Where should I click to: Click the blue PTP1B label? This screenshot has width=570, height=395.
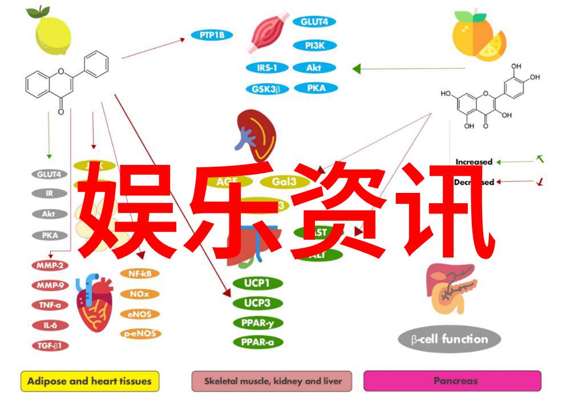pos(212,35)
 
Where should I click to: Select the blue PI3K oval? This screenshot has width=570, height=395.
pos(314,45)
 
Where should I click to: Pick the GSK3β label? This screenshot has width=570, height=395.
pos(267,89)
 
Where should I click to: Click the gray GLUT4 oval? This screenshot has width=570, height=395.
pos(49,174)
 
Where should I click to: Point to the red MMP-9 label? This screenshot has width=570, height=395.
pos(50,284)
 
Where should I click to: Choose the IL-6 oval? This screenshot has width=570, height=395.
pos(50,325)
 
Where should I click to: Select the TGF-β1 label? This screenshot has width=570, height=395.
pos(50,345)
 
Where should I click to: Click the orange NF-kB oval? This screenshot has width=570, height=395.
pos(139,273)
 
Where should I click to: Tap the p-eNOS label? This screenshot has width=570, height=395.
pos(140,333)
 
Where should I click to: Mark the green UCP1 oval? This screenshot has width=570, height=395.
pos(258,283)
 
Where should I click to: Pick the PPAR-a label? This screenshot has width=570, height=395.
pos(258,342)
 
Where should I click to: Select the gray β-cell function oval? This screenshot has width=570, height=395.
pos(450,340)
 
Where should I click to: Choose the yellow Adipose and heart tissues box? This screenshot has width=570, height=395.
pos(90,380)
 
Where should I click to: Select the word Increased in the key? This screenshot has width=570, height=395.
pos(474,162)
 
